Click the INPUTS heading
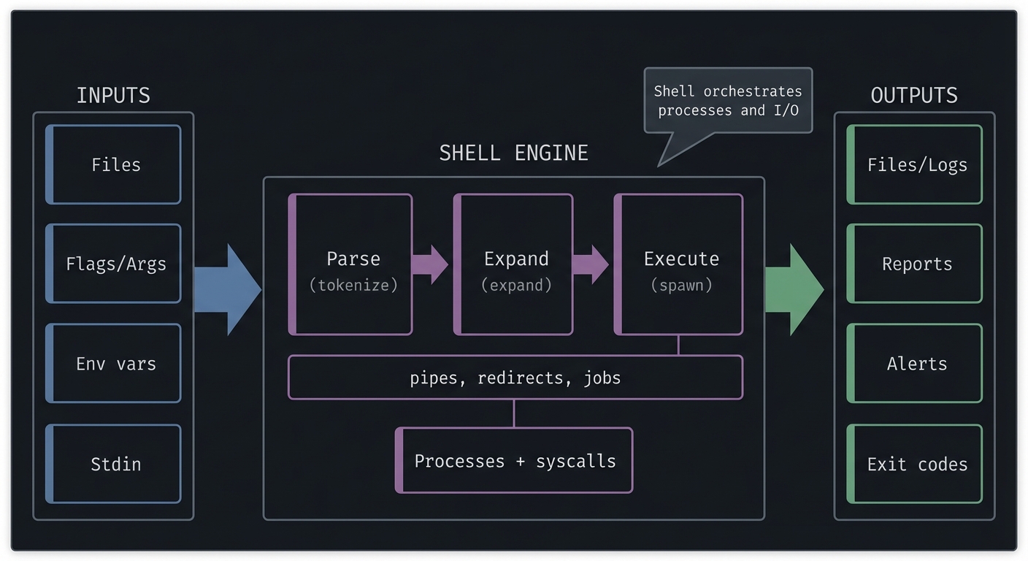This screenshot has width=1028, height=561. pos(113,96)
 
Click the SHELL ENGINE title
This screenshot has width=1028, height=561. pos(513,153)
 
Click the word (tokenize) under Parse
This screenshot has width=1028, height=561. pos(353,286)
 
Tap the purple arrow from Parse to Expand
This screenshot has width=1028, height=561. pos(430,264)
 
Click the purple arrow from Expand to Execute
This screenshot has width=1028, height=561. pos(590,264)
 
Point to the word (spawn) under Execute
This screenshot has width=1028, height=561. pos(681,286)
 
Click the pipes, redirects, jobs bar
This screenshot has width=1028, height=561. pos(515,378)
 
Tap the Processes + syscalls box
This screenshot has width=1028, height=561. pos(514,461)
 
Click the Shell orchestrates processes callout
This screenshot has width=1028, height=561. pos(727,102)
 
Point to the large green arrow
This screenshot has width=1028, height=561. pos(794,290)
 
